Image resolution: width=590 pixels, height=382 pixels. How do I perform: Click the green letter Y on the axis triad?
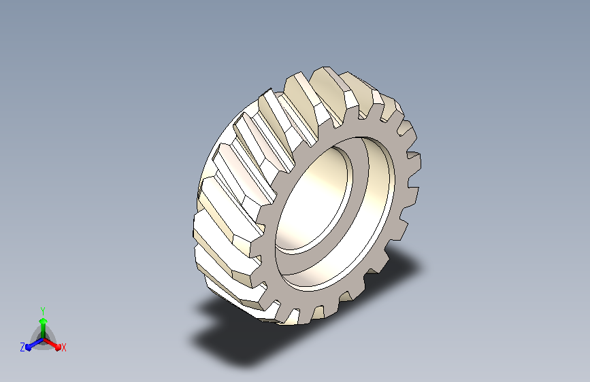pyautogui.click(x=43, y=311)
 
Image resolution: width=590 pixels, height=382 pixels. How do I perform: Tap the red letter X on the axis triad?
pyautogui.click(x=63, y=348)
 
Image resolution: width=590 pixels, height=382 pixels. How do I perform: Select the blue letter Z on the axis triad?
pyautogui.click(x=22, y=347)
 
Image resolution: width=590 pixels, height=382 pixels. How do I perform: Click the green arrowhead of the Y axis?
pyautogui.click(x=44, y=322)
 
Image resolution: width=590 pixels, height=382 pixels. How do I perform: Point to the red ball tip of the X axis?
pyautogui.click(x=58, y=347)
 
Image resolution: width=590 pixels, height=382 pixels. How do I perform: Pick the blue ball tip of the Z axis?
pyautogui.click(x=28, y=348)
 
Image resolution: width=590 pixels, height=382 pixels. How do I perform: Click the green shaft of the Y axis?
pyautogui.click(x=44, y=331)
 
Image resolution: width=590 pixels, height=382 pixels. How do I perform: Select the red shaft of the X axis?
pyautogui.click(x=50, y=343)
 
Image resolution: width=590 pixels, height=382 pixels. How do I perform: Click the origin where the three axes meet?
pyautogui.click(x=44, y=340)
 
